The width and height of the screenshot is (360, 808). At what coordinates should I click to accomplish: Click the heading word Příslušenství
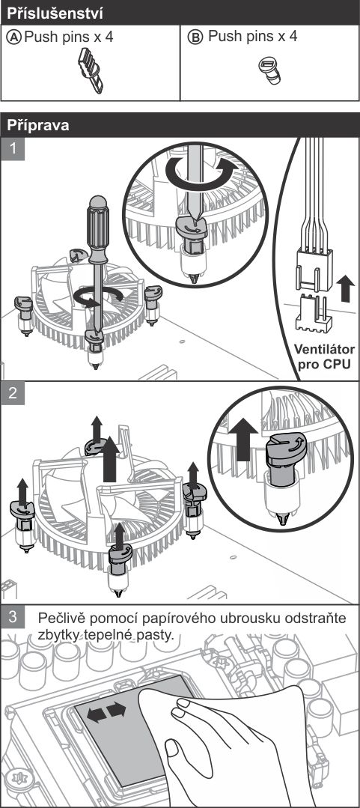[55, 13]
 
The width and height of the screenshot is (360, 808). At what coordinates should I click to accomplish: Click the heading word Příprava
[38, 125]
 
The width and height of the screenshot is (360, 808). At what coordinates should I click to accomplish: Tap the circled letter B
[195, 37]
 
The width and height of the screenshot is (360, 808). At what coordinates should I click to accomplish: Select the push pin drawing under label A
[91, 70]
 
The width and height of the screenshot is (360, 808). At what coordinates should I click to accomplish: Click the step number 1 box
[13, 149]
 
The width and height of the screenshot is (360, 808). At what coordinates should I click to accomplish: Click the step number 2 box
[13, 393]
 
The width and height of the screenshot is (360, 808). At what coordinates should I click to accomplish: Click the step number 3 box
[13, 617]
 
